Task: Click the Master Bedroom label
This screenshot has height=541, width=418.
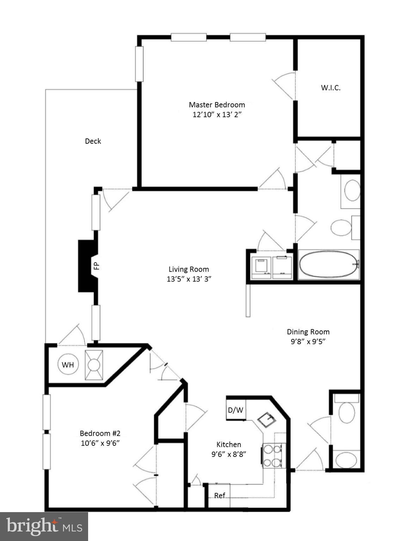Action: coord(217,105)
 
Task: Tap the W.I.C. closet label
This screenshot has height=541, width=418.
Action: coord(331,88)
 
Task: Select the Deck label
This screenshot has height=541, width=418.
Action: coord(93,141)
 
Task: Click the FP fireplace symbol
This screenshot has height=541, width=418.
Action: coord(88,266)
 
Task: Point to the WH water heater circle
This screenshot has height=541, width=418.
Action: coord(68,365)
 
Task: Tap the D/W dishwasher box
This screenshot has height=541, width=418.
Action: coord(235,410)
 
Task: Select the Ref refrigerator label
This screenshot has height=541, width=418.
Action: coord(220,496)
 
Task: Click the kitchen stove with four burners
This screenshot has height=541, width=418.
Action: coord(273,455)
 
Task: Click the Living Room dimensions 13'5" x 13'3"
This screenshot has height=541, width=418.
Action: coord(189,279)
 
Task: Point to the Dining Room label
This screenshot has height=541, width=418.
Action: coord(308,331)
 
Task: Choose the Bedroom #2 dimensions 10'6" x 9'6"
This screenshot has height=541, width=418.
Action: coord(100,443)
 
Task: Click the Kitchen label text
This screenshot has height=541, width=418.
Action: coord(229,444)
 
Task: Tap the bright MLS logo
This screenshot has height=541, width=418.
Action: coord(44,526)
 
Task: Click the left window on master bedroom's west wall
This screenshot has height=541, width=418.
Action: coord(140,64)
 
